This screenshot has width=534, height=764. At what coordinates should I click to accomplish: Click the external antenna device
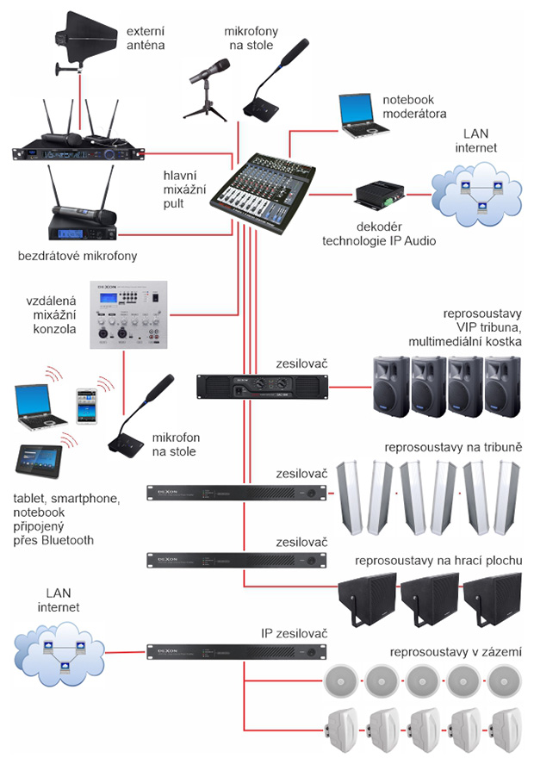tap(83, 40)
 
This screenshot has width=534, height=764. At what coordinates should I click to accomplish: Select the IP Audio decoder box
tap(378, 196)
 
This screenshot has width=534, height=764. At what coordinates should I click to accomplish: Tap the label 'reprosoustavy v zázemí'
tap(456, 652)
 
